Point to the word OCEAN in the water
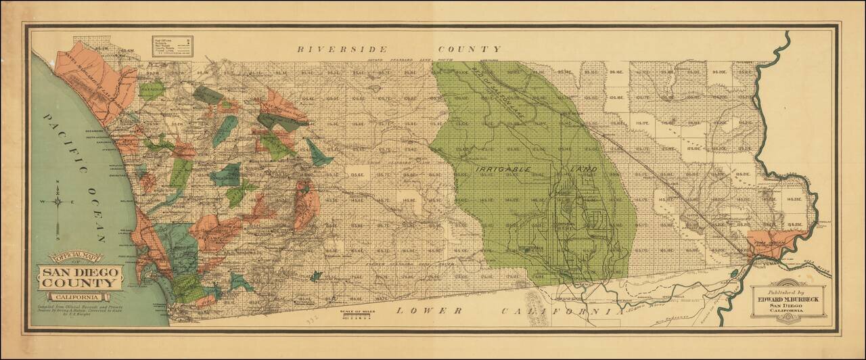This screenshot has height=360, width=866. coord(93,217)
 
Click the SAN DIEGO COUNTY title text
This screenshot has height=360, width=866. coord(80,277)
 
